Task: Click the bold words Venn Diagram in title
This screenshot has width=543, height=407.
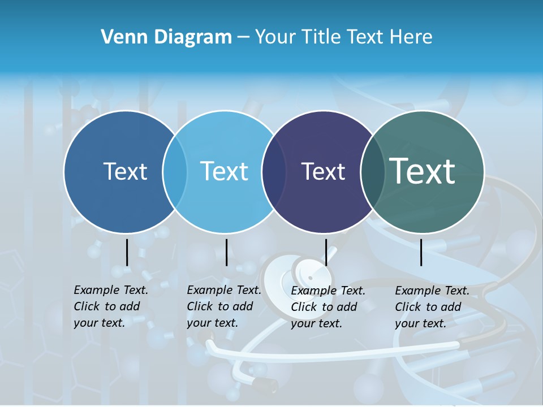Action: (166, 37)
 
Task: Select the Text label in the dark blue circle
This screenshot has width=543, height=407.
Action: (125, 171)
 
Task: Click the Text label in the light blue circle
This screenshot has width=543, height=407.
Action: (225, 171)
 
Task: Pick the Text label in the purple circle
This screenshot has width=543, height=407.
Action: (323, 171)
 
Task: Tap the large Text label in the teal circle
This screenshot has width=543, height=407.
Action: (423, 171)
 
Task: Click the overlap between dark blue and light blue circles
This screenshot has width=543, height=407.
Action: (175, 171)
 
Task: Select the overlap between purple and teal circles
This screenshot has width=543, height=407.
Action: (372, 171)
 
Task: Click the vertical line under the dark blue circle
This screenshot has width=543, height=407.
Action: (127, 252)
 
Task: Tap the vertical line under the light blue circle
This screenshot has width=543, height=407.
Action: (226, 252)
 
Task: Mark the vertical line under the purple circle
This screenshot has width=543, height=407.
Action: (326, 252)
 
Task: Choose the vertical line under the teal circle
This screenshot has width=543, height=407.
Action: (421, 252)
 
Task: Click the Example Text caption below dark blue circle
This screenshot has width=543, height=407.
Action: (111, 306)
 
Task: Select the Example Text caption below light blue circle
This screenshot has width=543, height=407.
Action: (224, 306)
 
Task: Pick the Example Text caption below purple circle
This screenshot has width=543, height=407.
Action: (328, 307)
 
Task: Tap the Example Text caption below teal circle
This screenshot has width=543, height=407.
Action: (432, 307)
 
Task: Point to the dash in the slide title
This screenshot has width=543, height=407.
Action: (243, 37)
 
